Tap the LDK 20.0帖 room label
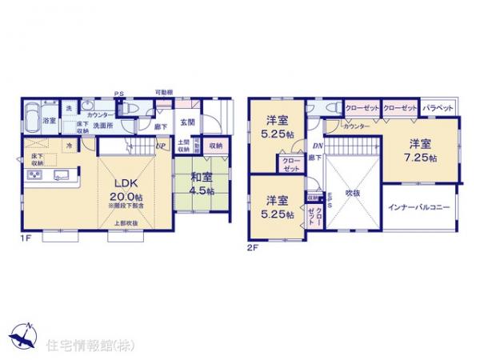124,182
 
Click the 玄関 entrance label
187,122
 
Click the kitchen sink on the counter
61,175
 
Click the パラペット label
438,107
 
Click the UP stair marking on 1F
160,146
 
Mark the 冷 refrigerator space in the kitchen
70,146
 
